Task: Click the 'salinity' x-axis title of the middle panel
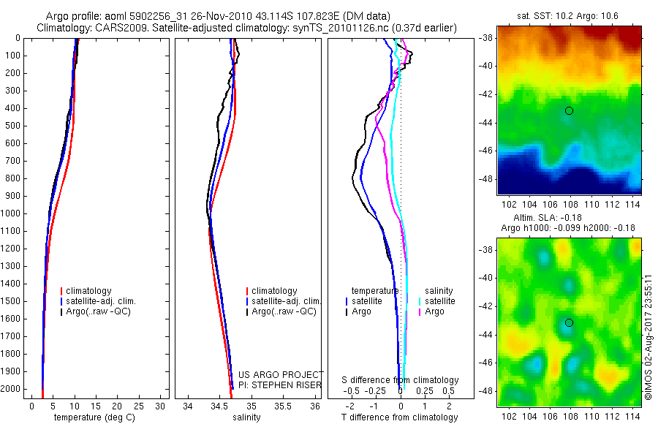[246, 417]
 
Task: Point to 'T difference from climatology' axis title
[400, 417]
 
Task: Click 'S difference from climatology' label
[400, 380]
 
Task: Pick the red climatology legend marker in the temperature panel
[62, 291]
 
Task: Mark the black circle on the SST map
[569, 110]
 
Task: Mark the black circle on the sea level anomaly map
[569, 322]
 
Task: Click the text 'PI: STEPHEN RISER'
[281, 385]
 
